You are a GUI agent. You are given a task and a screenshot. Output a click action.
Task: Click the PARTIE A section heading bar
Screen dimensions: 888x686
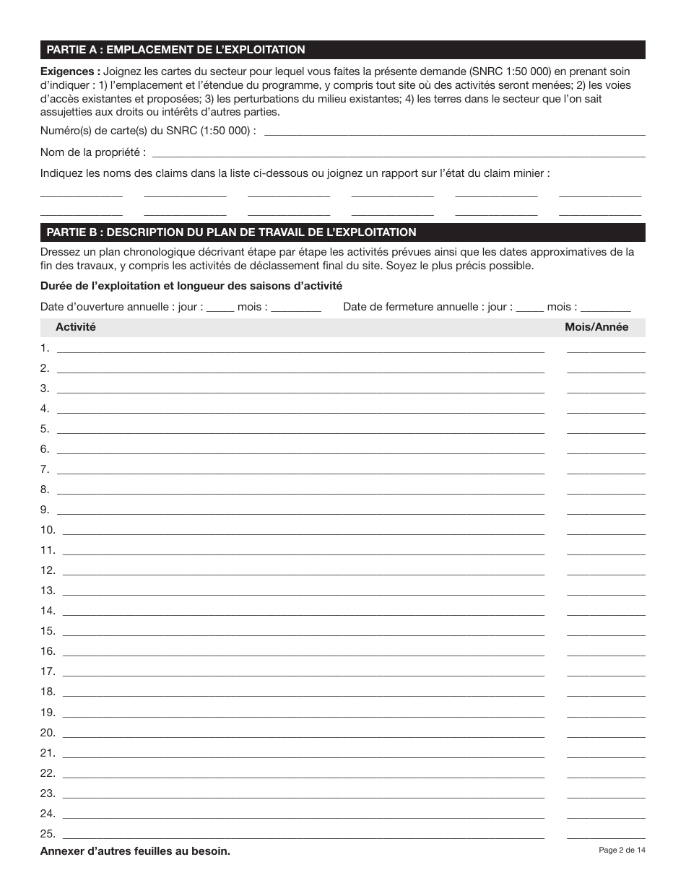342,50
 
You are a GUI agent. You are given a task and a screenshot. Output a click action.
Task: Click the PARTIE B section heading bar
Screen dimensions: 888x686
342,232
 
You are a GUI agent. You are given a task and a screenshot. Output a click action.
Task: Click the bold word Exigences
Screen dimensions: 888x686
70,71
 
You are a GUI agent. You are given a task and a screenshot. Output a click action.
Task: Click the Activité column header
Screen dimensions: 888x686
76,327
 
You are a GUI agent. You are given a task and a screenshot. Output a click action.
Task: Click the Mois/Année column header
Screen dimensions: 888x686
596,327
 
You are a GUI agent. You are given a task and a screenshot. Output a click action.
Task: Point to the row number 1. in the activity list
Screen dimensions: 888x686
45,348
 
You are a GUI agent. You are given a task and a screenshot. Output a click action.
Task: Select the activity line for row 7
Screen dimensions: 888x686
300,469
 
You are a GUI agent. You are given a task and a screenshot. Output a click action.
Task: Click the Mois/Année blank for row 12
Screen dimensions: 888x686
606,570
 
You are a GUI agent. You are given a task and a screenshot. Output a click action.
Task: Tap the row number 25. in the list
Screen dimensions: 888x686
48,833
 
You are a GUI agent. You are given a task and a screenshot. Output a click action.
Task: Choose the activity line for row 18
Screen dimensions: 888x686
303,692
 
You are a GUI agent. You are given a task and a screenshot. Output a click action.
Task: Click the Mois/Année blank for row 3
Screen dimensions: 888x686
606,388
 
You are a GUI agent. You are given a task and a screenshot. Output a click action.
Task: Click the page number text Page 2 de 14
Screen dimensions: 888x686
622,850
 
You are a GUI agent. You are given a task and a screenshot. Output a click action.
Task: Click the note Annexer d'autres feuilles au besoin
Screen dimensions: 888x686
135,851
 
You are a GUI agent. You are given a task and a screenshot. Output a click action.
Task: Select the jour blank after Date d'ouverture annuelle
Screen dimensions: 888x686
220,308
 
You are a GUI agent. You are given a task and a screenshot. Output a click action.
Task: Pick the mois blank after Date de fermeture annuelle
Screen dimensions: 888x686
605,308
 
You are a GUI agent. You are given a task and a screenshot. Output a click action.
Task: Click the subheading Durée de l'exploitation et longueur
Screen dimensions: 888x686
191,286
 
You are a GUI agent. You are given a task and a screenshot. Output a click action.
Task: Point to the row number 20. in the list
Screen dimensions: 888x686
48,732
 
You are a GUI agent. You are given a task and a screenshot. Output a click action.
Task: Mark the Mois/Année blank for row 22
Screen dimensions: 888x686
606,772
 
